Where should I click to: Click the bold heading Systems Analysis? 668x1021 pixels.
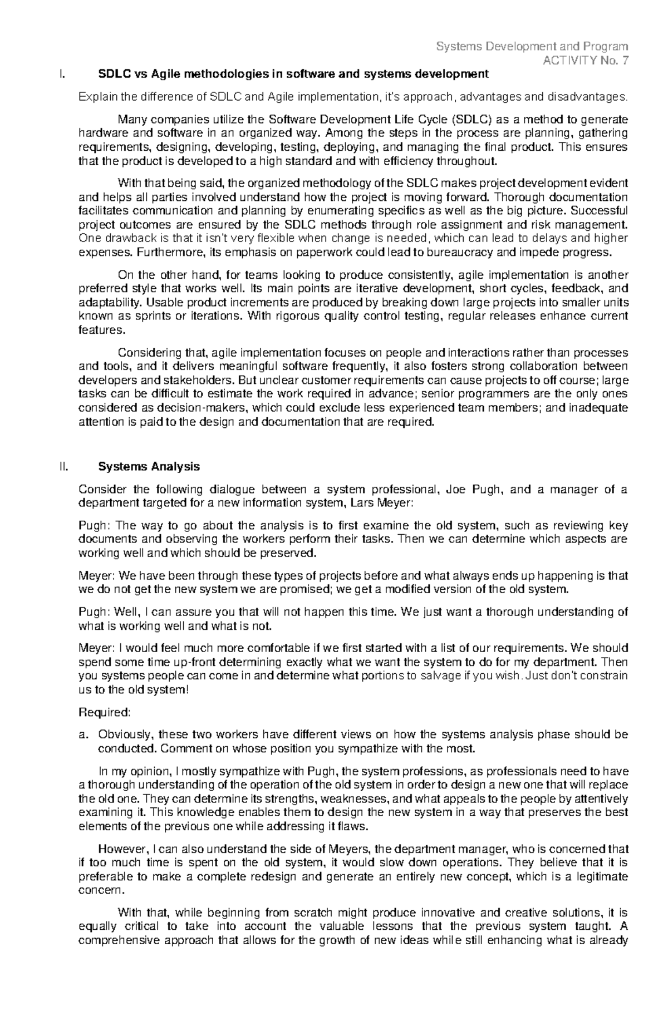tap(149, 467)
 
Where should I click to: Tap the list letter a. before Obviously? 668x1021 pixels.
tap(83, 734)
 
